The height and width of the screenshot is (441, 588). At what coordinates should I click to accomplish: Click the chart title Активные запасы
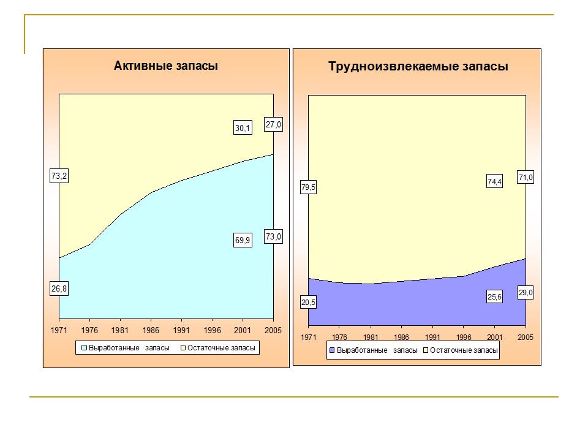pos(165,66)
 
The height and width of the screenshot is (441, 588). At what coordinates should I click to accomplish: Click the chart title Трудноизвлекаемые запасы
pos(418,67)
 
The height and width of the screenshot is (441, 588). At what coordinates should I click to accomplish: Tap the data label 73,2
pos(59,176)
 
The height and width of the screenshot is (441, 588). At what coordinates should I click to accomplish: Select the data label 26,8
pos(59,289)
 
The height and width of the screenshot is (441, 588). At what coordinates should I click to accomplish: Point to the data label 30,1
pos(243,128)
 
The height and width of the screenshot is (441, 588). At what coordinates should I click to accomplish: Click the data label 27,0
pos(273,124)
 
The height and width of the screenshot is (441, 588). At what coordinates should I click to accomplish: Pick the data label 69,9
pos(243,241)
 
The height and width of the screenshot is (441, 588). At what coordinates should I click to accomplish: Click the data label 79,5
pos(308,188)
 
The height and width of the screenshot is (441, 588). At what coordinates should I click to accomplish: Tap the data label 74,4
pos(494,182)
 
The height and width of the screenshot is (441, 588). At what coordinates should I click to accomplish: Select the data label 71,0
pos(526,178)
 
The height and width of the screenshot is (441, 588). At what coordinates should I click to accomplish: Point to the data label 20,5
pos(308,302)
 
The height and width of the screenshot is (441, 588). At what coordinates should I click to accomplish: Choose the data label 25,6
pos(494,297)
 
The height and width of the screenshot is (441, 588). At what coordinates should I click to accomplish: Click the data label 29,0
pos(526,293)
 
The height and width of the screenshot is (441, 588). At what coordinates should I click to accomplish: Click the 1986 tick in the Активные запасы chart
pos(151,331)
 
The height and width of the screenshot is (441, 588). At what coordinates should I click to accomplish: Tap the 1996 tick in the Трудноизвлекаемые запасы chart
pos(463,337)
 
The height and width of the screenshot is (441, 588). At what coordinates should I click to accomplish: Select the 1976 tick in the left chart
pos(89,331)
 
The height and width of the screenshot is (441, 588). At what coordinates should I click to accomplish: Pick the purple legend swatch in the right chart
pos(333,351)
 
